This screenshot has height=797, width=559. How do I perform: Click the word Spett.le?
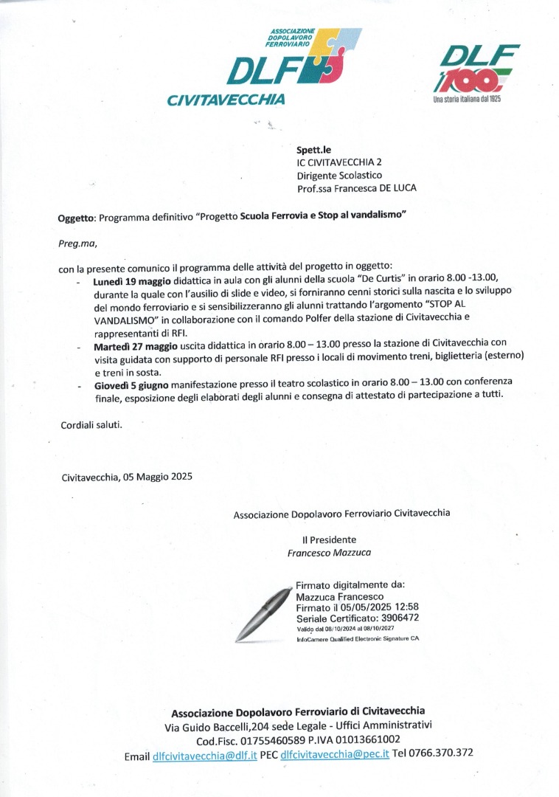(x=313, y=150)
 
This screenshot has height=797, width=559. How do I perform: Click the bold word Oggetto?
(x=76, y=218)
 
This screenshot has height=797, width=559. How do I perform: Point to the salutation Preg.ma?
(x=77, y=242)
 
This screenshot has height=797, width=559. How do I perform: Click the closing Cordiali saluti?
(x=91, y=425)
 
